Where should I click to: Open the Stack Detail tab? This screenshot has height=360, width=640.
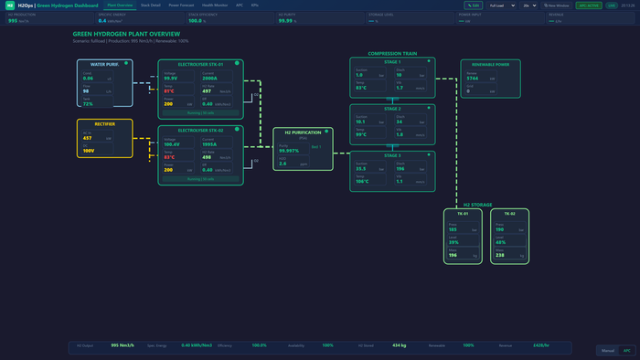[151, 5]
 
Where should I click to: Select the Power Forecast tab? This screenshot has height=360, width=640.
[180, 5]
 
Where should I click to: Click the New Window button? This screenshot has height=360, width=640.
[560, 5]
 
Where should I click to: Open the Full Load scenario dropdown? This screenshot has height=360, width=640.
[502, 5]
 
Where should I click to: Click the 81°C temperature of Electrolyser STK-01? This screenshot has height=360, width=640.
[168, 91]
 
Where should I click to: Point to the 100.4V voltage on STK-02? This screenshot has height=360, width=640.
[171, 144]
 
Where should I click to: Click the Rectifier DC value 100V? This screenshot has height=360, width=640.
[89, 150]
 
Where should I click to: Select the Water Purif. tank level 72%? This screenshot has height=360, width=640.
[88, 104]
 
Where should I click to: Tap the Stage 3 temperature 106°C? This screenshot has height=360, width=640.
[363, 181]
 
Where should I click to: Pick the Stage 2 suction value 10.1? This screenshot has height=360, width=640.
[360, 121]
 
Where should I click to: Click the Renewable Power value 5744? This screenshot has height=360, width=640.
[473, 79]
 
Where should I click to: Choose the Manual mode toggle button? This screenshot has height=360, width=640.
[607, 350]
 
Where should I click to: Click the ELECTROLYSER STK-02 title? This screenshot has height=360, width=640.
[200, 131]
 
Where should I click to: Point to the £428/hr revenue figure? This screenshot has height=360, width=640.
[542, 345]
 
